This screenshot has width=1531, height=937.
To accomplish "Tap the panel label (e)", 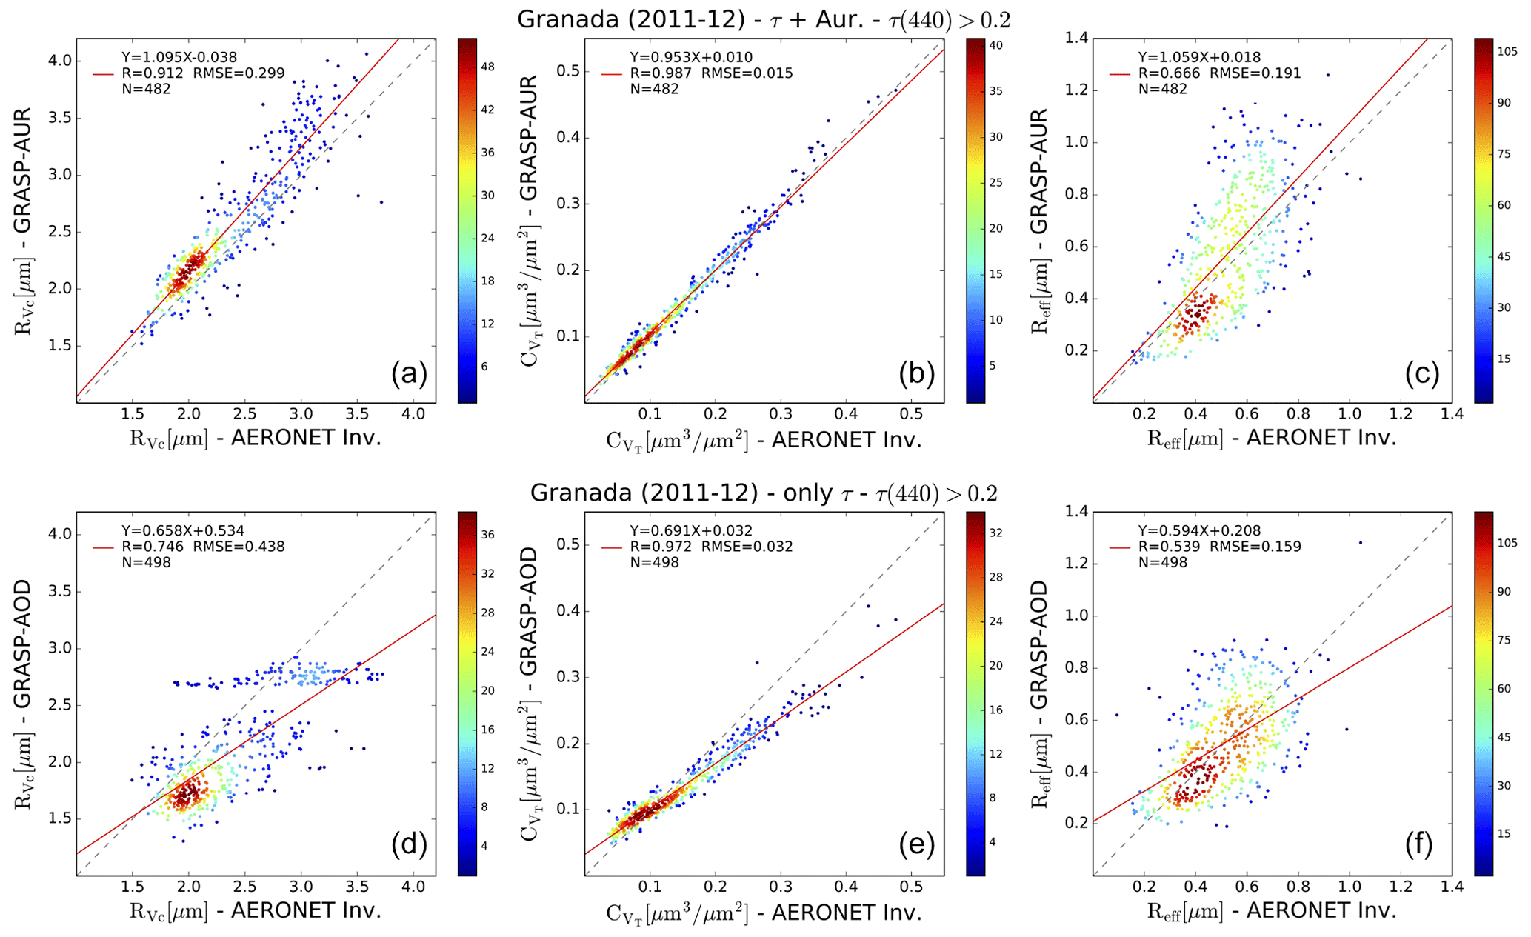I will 917,844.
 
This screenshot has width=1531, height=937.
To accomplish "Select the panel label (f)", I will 1423,844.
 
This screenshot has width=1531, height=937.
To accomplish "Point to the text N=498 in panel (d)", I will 146,562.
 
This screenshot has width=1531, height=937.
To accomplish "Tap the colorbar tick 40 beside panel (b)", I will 996,46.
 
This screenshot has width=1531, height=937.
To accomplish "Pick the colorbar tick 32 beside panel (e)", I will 996,533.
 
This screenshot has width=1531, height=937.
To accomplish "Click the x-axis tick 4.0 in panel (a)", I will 413,414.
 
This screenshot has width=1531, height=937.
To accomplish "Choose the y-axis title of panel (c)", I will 1041,220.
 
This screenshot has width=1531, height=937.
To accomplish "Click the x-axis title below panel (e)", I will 764,913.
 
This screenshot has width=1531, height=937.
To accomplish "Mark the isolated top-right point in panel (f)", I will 1360,542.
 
